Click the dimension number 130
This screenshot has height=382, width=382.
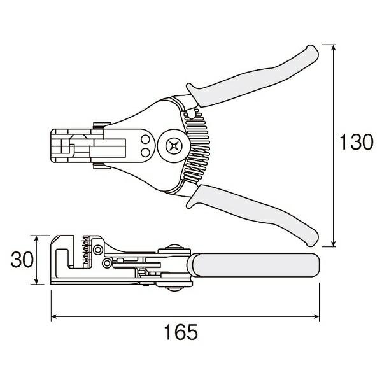pos(355,143)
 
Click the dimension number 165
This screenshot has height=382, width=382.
pos(185,332)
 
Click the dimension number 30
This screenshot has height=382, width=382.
pos(22,260)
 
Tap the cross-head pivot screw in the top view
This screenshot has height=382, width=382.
pos(173,145)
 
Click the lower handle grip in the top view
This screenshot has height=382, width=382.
pos(255,213)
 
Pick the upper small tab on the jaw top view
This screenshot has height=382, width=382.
pos(99,125)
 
